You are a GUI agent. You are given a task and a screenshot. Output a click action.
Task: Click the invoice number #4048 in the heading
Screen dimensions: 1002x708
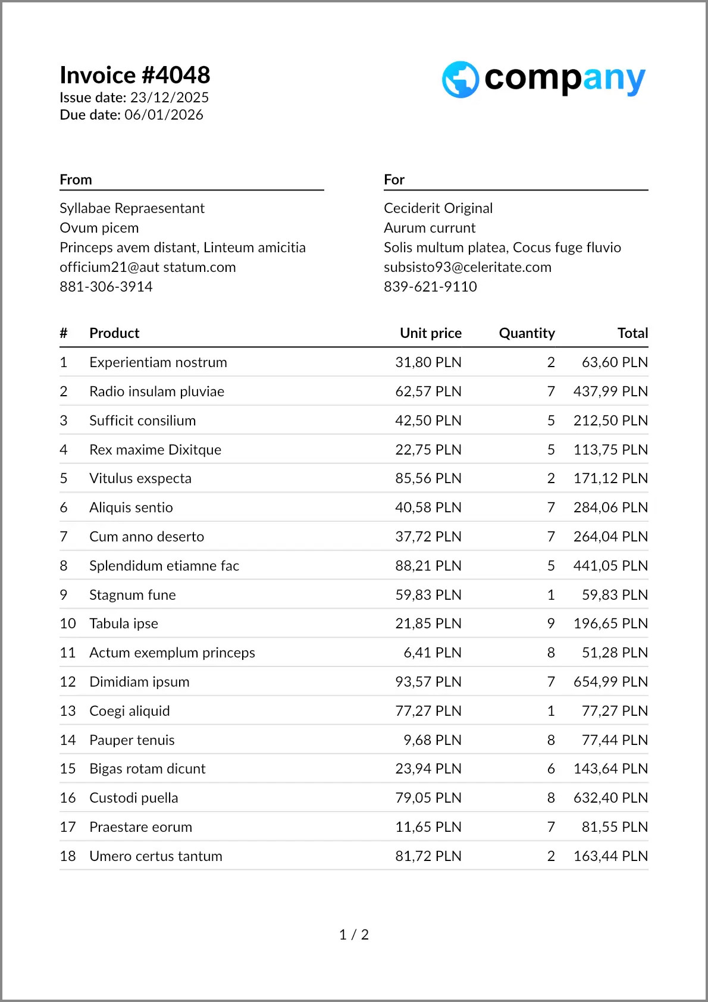[176, 76]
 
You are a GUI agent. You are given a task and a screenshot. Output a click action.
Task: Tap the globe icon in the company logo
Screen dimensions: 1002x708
[460, 79]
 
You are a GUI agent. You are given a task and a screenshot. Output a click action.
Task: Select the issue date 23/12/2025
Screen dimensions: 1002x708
[170, 98]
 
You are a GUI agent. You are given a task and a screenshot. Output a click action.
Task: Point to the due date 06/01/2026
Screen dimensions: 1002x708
[164, 115]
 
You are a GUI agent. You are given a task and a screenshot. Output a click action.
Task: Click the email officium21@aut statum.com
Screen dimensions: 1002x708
[148, 267]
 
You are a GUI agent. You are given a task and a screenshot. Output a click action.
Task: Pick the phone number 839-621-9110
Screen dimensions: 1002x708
[430, 287]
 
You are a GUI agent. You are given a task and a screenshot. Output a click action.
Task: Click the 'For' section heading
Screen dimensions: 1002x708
[394, 180]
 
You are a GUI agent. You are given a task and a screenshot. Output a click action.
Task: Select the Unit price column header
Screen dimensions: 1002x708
[430, 333]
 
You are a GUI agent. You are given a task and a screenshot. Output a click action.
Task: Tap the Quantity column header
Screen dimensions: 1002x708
[527, 333]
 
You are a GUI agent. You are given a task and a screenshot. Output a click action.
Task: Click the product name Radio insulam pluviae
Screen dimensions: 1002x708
[156, 392]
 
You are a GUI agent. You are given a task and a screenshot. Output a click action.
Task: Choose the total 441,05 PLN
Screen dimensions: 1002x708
[610, 566]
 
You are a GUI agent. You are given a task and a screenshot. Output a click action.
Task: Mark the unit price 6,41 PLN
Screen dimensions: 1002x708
[432, 653]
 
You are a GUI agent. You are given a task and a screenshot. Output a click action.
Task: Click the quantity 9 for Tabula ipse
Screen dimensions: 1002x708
[551, 624]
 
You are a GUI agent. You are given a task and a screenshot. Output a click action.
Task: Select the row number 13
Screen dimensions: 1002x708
[68, 711]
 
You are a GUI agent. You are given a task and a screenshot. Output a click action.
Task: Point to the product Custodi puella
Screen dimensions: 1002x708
[133, 798]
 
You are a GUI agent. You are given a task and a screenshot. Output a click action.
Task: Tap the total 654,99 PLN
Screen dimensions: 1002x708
[610, 682]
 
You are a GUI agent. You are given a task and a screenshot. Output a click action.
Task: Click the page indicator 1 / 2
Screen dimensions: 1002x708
[354, 935]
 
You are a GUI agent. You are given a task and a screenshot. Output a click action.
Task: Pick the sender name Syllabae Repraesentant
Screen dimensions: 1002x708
[131, 208]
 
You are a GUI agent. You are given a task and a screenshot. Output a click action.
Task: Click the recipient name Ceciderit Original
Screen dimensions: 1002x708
[438, 208]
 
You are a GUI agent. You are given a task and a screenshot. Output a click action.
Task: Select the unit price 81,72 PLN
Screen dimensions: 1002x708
[428, 856]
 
